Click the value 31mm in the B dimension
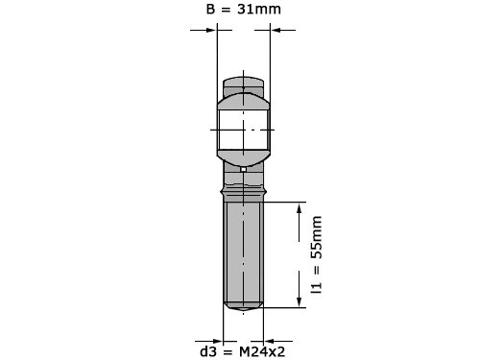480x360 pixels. point(259,9)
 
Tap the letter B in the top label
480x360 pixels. point(210,9)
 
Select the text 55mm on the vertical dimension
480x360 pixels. point(317,237)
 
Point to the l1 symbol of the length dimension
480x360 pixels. point(317,288)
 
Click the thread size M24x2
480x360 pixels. point(262,352)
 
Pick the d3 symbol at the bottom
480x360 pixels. point(208,352)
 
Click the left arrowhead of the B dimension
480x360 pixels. point(211,31)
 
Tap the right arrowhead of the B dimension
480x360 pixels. point(276,31)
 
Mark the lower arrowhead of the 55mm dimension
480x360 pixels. point(300,301)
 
